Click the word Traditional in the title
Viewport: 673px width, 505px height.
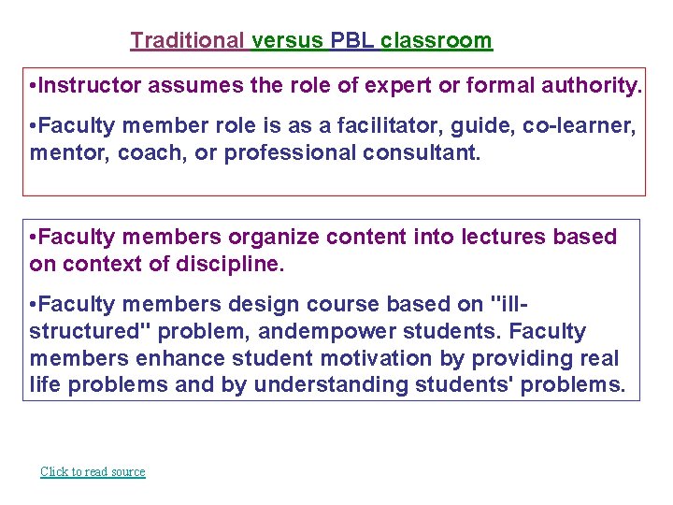coord(187,40)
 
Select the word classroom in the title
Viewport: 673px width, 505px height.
coord(436,40)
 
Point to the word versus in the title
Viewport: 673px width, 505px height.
coord(288,40)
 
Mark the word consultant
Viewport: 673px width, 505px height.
coord(424,152)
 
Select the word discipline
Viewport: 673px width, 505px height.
coord(234,264)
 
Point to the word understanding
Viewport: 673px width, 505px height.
coord(332,384)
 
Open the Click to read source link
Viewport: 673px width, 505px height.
coord(93,471)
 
